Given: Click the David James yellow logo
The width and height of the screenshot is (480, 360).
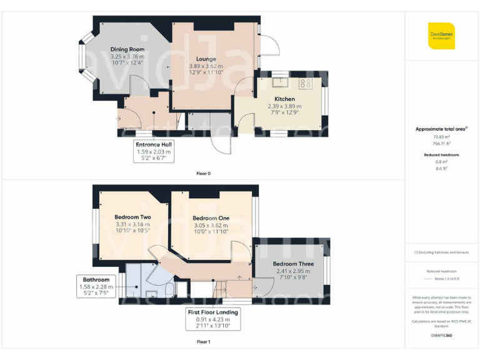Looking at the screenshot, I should (441, 36).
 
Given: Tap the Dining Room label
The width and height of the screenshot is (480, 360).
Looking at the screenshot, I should (127, 49).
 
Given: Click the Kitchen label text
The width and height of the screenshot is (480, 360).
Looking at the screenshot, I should (284, 99).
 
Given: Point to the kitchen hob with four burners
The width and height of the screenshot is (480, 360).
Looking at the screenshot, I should (306, 83).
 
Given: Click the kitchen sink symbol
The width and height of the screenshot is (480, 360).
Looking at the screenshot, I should (279, 81).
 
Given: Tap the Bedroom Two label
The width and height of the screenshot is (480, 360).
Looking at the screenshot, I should (132, 217).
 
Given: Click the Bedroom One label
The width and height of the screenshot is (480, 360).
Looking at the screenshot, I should (211, 218).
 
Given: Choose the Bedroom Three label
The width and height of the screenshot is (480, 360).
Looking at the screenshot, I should (293, 264).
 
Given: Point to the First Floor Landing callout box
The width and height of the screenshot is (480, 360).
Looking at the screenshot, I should (213, 319).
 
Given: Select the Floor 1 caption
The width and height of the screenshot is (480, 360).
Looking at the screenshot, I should (203, 342).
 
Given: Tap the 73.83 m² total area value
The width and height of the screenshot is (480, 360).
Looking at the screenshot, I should (441, 136).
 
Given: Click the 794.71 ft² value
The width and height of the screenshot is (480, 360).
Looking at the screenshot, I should (441, 142).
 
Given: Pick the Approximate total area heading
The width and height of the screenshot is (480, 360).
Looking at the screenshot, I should (441, 129).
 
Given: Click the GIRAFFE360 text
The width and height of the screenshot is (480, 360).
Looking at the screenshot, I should (441, 336).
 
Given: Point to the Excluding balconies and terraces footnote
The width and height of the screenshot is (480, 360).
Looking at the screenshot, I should (441, 252).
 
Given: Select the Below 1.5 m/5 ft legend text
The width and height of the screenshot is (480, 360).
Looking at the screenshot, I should (446, 279).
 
